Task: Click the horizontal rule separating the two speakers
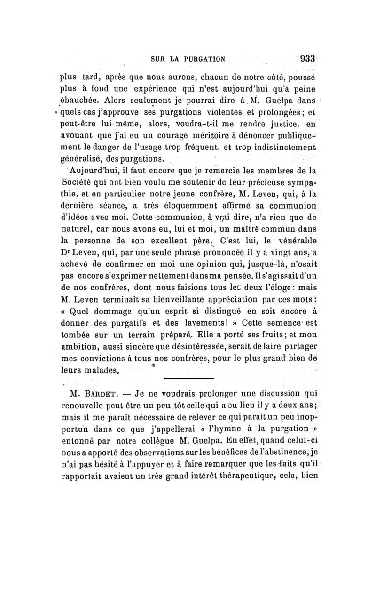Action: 188,379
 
